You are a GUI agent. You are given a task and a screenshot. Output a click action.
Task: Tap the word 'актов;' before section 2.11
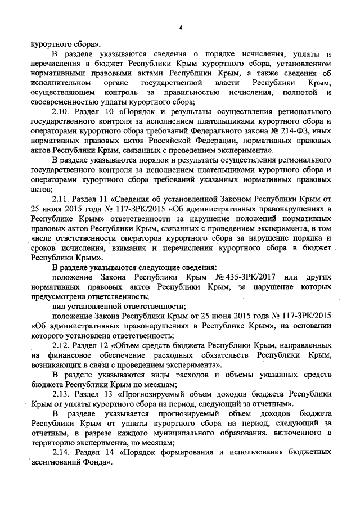(x=42, y=190)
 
